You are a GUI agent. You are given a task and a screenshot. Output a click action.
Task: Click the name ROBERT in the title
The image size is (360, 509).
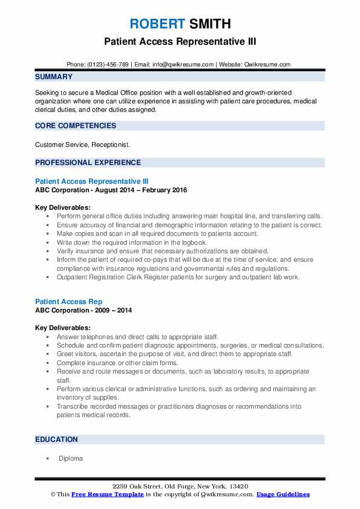point(157,25)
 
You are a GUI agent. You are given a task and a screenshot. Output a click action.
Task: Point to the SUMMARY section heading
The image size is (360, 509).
point(54,77)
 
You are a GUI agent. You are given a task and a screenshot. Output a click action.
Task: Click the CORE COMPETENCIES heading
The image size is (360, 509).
point(76,126)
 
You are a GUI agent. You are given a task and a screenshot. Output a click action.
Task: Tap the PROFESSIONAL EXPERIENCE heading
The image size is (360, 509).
point(88,162)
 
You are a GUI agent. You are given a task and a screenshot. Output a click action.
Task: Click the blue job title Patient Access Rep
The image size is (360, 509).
point(69,302)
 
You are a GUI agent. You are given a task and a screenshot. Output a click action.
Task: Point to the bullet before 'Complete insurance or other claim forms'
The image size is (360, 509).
point(47,363)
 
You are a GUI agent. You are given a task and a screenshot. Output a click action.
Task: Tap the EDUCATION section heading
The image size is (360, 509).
point(57,439)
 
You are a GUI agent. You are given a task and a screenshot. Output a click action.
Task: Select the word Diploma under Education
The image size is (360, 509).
point(71,459)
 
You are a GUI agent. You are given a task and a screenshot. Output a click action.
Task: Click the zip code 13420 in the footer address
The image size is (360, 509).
point(238,487)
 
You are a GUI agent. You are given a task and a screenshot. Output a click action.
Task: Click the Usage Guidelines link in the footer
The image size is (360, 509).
point(283,494)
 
